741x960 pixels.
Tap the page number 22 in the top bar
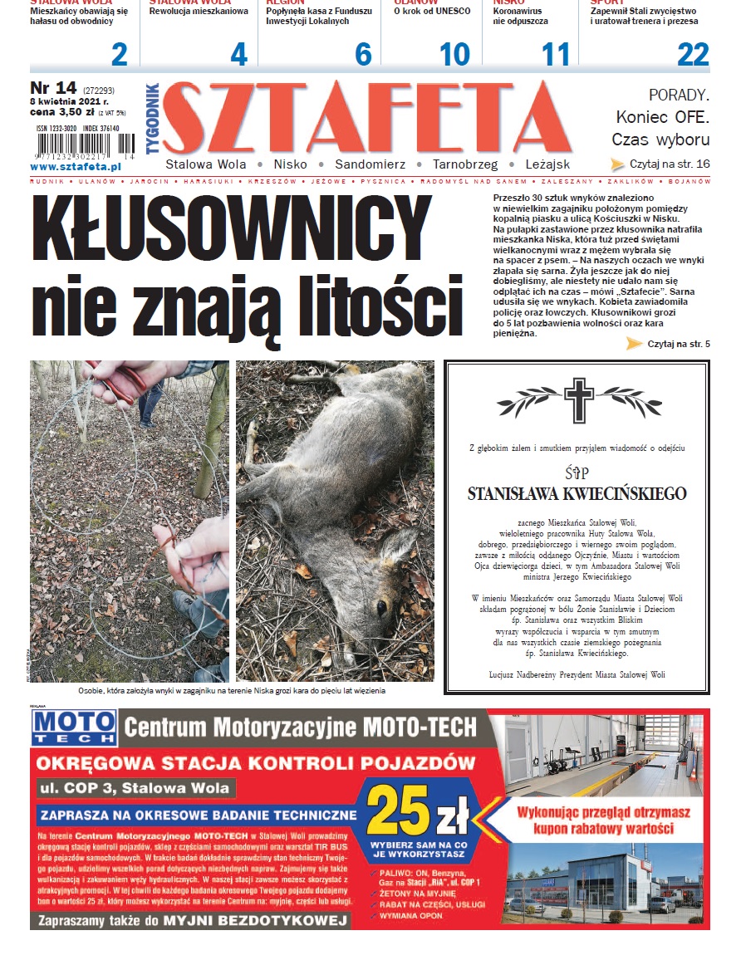[x=693, y=55]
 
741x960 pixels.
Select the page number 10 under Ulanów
[x=454, y=55]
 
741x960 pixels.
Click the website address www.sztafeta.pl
[x=76, y=167]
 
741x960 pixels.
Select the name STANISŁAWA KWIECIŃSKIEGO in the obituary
[x=577, y=494]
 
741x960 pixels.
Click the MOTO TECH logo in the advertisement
[x=74, y=727]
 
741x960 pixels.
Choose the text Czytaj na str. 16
[x=670, y=164]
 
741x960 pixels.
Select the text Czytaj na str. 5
[x=678, y=344]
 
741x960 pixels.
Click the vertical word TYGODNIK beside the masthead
[x=152, y=117]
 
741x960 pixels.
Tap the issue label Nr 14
[x=53, y=89]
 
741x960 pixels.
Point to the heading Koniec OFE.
[x=662, y=116]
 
